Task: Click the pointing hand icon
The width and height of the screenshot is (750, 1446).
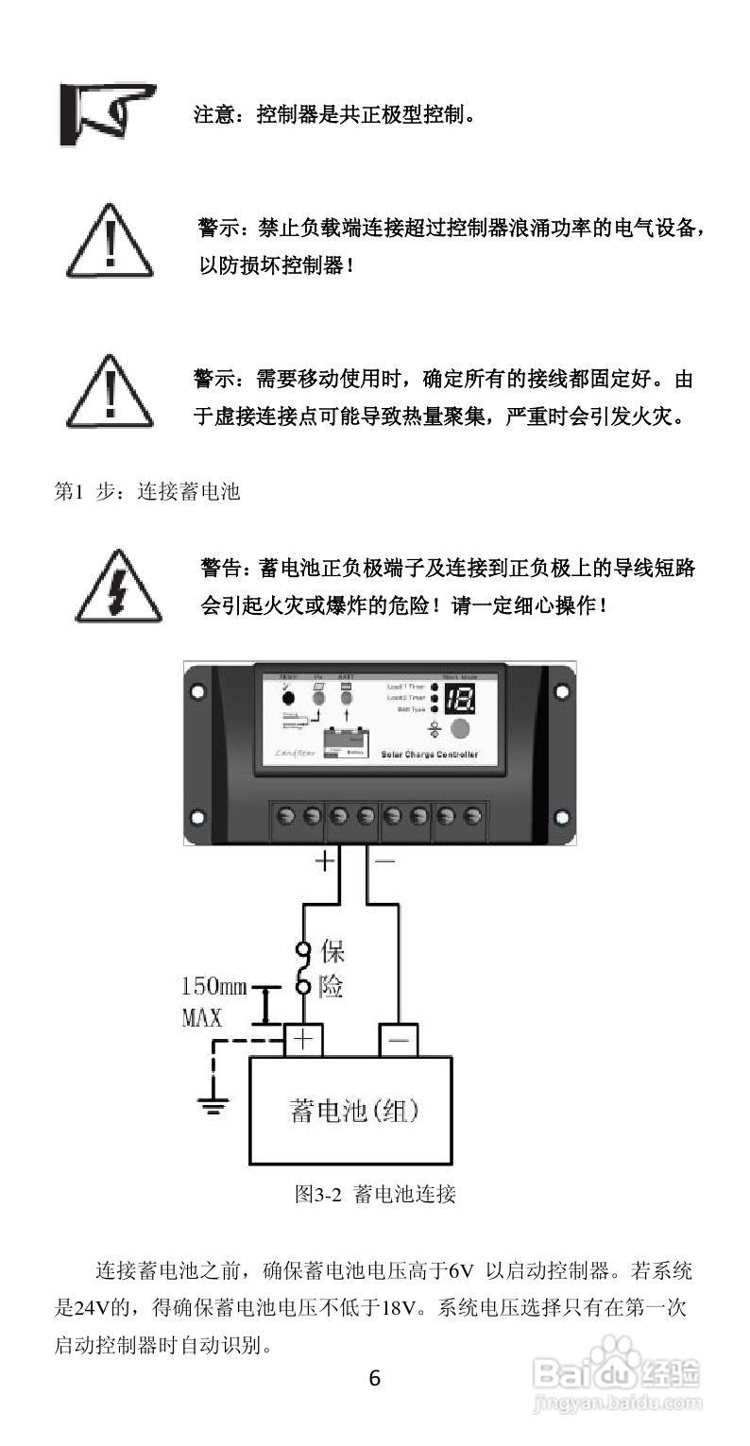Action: [106, 113]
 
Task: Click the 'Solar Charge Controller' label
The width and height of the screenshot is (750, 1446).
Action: [430, 755]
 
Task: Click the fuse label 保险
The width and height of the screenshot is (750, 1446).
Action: [332, 968]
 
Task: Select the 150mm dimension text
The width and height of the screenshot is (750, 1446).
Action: [213, 988]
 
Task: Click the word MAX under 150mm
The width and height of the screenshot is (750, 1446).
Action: [201, 1018]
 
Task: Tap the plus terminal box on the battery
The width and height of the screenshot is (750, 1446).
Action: [302, 1040]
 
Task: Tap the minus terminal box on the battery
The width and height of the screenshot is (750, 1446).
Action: [399, 1040]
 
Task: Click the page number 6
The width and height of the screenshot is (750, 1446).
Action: [375, 1378]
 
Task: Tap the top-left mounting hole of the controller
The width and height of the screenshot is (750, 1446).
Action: [197, 691]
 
